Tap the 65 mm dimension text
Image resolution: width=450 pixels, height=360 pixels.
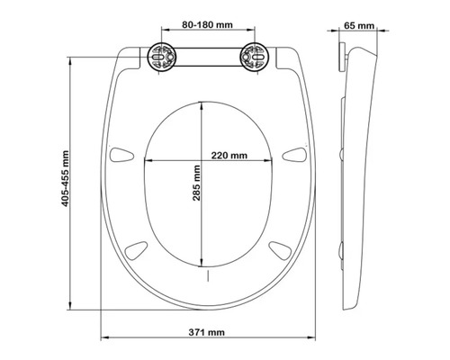(x=359, y=25)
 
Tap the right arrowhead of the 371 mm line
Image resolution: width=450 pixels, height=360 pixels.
(x=314, y=340)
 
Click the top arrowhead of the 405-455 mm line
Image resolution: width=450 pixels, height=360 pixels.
(x=73, y=58)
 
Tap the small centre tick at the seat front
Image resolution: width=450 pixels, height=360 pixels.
(x=208, y=274)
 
